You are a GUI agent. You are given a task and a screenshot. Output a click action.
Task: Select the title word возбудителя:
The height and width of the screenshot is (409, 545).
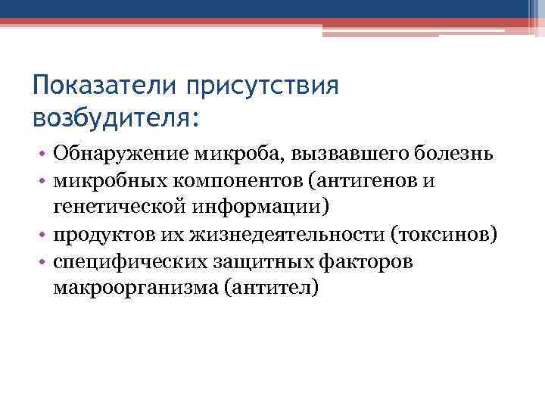pos(118,118)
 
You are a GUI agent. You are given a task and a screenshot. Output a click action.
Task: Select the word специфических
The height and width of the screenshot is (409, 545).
pos(119,261)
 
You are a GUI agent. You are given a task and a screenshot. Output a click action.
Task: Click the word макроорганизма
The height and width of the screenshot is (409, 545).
pos(126,288)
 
